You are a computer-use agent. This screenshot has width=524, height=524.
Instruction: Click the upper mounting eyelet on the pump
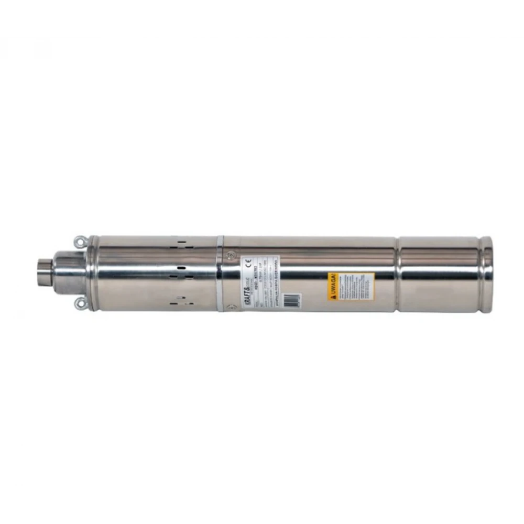pos(79,241)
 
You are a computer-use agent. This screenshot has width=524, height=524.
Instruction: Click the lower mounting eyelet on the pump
pos(79,302)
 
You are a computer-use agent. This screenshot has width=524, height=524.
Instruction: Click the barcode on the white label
pos(291,300)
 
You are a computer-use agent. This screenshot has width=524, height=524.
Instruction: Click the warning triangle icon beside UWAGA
pos(332,296)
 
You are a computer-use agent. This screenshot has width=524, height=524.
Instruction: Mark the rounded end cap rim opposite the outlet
pos(486,274)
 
